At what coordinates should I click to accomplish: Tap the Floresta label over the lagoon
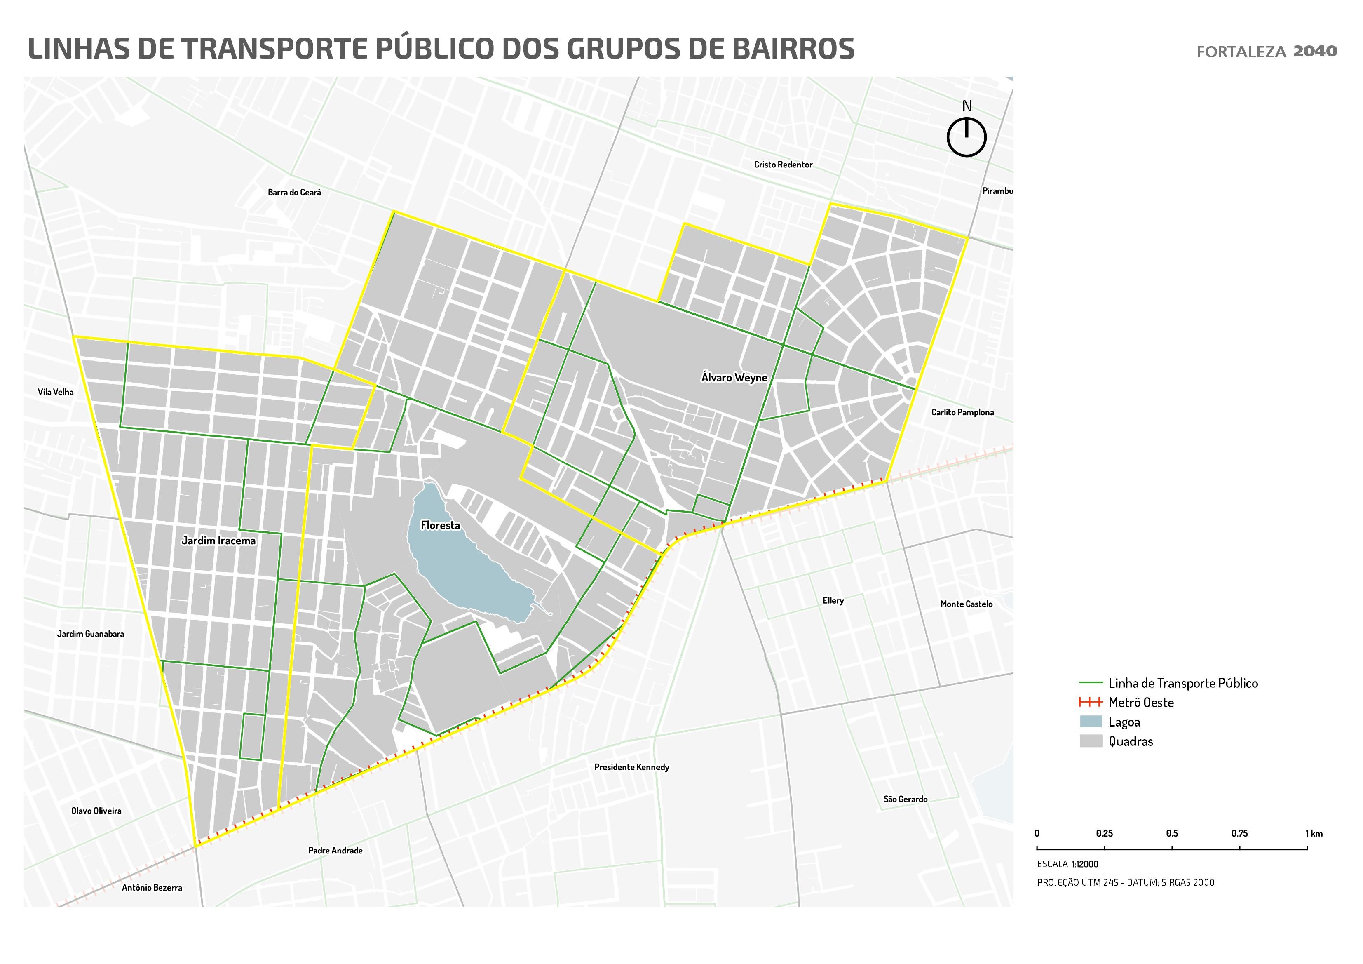(x=440, y=525)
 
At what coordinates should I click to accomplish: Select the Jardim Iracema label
(x=218, y=541)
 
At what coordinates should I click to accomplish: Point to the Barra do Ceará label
(x=294, y=193)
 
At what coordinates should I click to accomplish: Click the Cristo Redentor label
(x=783, y=165)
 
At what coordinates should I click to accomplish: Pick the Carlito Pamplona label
(x=962, y=412)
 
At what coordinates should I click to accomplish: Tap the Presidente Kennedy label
(x=632, y=767)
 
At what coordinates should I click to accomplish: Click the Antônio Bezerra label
(x=152, y=888)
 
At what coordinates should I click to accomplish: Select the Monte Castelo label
(x=967, y=604)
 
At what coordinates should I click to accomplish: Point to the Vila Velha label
(x=56, y=392)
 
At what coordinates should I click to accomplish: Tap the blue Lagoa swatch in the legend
(x=1091, y=722)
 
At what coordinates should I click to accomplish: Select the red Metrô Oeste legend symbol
(x=1091, y=703)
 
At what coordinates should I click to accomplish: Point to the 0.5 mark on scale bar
(x=1172, y=848)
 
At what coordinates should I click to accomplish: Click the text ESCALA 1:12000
(x=1067, y=864)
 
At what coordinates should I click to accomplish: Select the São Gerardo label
(x=906, y=799)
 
